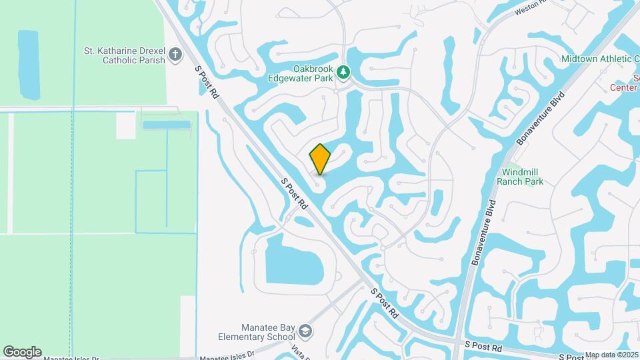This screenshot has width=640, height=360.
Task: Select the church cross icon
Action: (175, 55)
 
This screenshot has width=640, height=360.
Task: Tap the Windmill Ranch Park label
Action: (522, 177)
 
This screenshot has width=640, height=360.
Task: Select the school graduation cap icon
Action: (305, 331)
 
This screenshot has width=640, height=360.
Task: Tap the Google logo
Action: (22, 351)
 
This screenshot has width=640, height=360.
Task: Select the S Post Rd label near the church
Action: (207, 82)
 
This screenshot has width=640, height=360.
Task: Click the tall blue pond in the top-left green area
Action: (29, 65)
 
